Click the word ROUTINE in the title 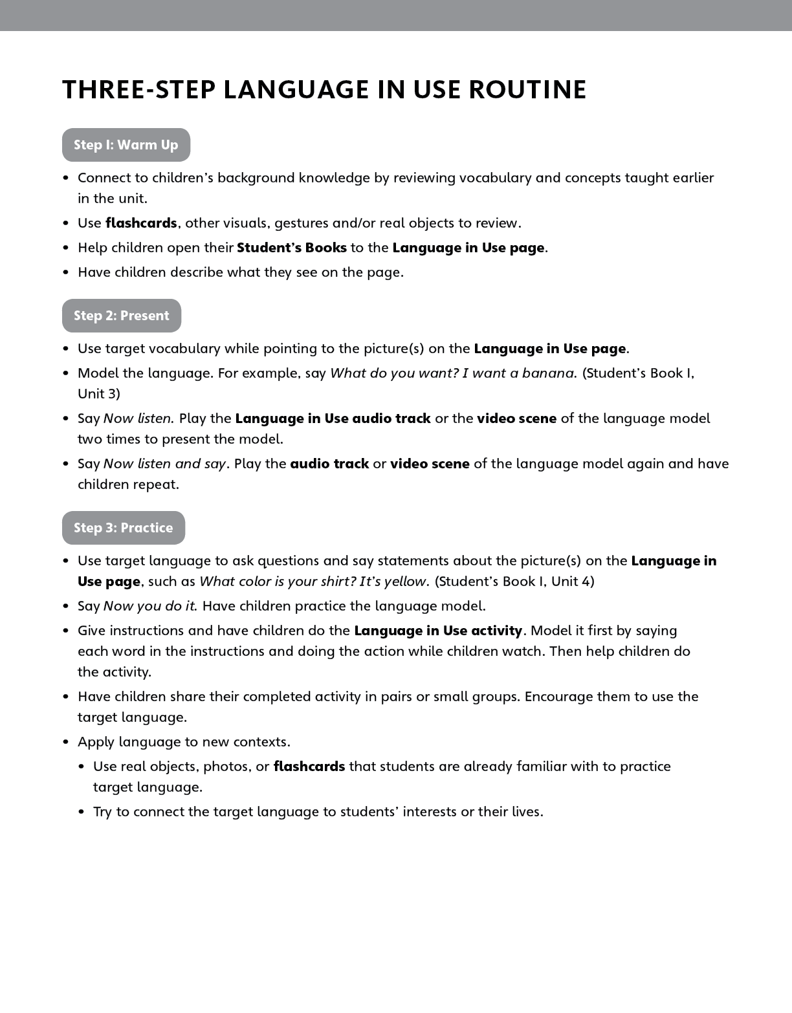click(x=527, y=90)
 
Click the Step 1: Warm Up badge click(x=126, y=145)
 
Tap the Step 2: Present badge click(x=122, y=316)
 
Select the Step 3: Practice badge click(x=124, y=528)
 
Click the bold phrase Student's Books click(x=292, y=248)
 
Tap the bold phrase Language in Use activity click(x=438, y=631)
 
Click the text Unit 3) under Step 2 click(x=99, y=394)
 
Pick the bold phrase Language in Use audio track click(x=333, y=419)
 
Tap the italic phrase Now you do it click(x=149, y=606)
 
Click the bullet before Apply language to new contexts click(x=66, y=742)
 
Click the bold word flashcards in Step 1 click(x=141, y=223)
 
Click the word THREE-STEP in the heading click(x=138, y=90)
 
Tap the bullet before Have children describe click(x=66, y=272)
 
